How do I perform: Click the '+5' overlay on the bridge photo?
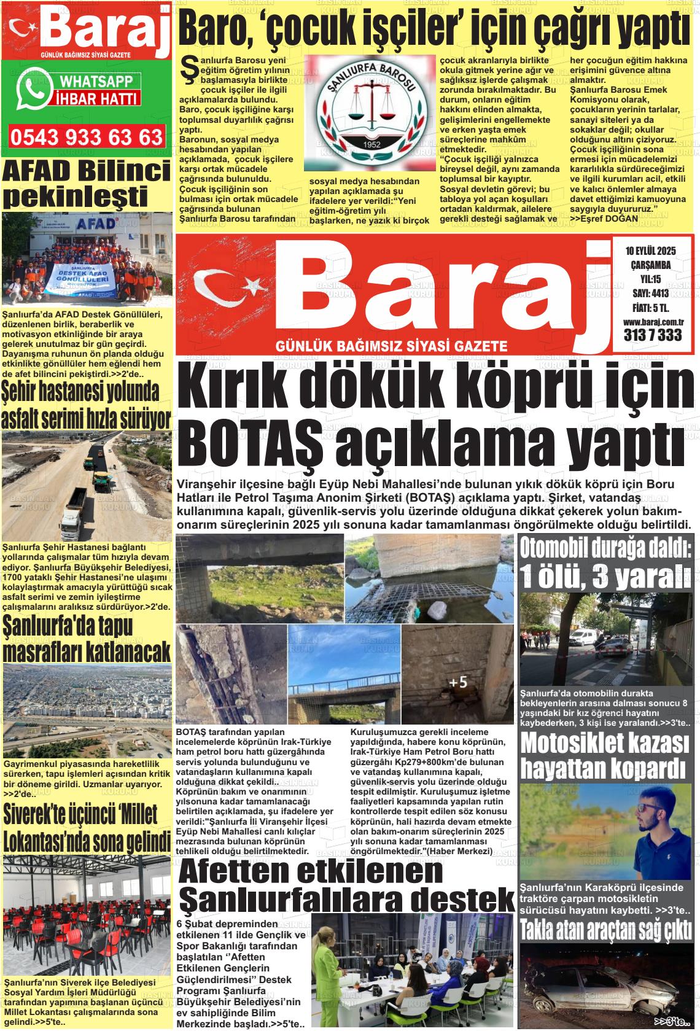click(x=457, y=682)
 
